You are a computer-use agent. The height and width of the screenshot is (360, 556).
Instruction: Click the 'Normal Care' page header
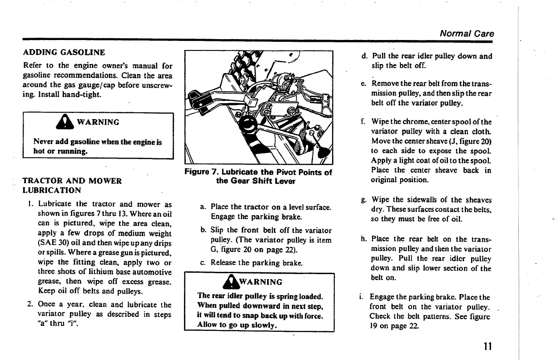(467, 34)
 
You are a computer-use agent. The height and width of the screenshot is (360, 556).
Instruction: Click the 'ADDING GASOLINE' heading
(64, 52)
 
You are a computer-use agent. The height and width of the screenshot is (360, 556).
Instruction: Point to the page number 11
(488, 346)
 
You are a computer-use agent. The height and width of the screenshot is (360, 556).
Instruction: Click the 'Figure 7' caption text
(258, 176)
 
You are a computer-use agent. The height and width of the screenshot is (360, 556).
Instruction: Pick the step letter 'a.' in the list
(203, 207)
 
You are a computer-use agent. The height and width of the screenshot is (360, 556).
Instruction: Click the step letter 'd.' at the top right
(364, 57)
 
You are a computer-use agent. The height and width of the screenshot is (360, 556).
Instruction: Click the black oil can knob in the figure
(248, 124)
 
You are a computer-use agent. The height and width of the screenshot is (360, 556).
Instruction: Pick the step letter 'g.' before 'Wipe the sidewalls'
(364, 200)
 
